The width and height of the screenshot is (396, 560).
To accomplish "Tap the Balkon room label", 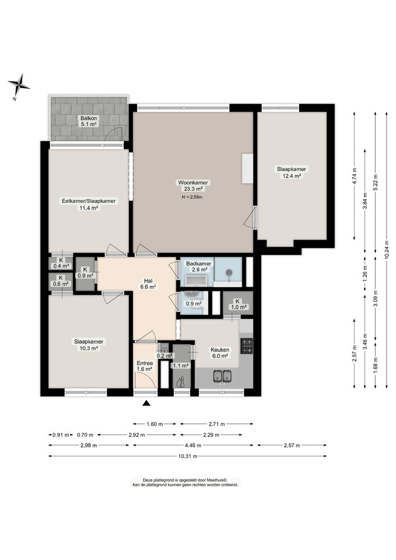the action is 88,121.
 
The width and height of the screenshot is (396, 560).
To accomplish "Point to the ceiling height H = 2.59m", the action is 192,197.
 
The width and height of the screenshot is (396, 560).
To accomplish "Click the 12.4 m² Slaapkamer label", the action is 291,172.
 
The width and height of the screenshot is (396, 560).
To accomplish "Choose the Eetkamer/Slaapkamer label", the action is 88,204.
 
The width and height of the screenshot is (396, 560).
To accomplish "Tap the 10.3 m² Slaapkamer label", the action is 88,344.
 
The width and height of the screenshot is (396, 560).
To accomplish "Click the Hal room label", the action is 148,283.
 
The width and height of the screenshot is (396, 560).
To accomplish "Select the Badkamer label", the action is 198,267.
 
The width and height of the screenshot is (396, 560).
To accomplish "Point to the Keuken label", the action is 220,353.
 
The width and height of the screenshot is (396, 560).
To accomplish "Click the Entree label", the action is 145,366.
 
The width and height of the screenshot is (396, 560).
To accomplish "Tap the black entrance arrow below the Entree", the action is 146,403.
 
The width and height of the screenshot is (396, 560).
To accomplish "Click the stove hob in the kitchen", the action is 246,346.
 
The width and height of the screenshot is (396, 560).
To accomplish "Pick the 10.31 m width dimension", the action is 188,456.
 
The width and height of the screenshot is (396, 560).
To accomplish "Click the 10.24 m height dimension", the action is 386,250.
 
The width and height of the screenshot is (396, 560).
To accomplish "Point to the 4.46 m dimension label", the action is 193,445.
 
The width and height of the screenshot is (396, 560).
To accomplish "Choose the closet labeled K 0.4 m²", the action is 61,263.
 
